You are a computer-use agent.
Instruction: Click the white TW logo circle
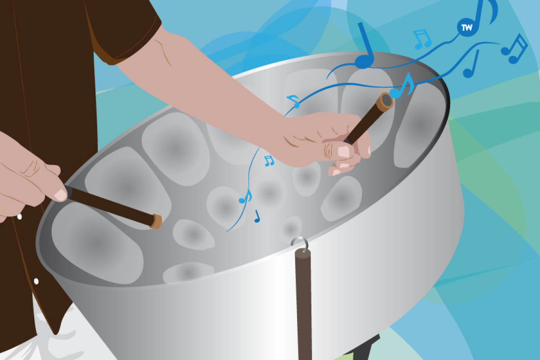click(467, 27)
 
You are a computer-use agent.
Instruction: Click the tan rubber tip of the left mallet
click(156, 221)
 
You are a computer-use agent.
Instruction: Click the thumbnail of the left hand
click(60, 195)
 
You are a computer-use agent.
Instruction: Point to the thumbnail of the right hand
click(343, 152)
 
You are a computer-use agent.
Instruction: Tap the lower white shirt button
click(36, 281)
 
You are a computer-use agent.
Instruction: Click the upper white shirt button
click(19, 216)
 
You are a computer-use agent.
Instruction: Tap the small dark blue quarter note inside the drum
click(257, 216)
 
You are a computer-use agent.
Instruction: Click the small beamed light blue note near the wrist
click(269, 161)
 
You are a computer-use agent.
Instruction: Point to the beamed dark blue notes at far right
click(514, 49)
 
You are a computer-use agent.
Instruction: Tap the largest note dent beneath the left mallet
click(96, 243)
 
